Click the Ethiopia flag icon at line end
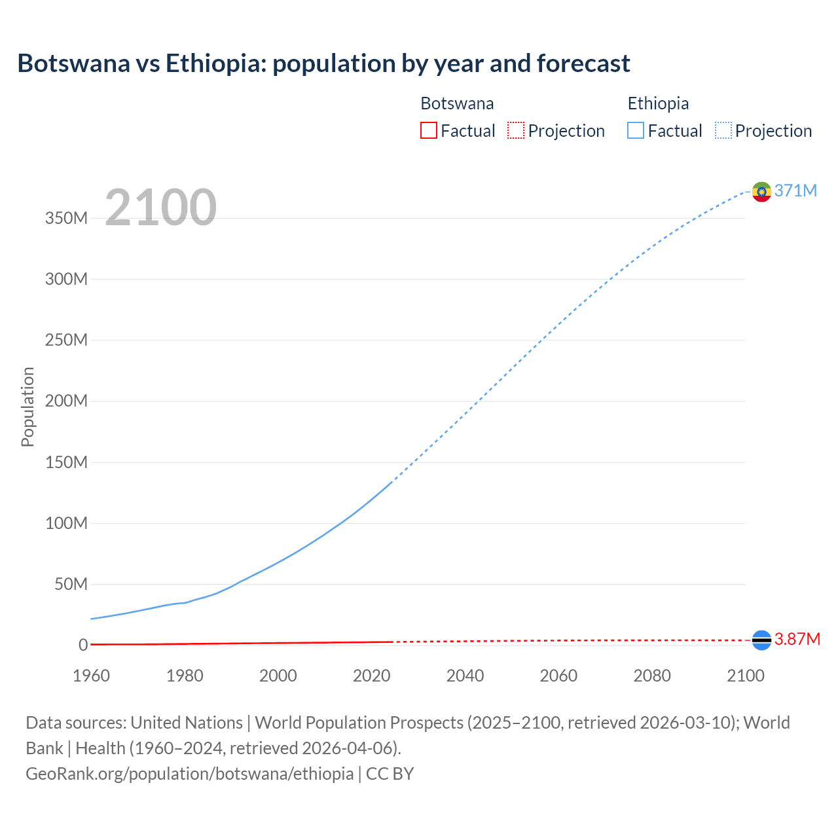761,191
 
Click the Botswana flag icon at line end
761,640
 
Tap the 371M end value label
795,191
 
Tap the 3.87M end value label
797,639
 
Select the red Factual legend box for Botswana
428,130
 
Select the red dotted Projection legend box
516,130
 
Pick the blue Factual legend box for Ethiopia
635,130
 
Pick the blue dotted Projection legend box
723,130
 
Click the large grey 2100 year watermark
160,208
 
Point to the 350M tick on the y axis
66,218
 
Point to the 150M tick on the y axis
66,462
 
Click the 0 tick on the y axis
83,645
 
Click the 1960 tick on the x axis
91,676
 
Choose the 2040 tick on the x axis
465,676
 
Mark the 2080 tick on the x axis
652,676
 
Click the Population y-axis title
27,407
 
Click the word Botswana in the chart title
73,64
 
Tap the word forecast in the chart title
583,64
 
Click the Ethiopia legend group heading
658,103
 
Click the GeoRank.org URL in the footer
190,773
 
